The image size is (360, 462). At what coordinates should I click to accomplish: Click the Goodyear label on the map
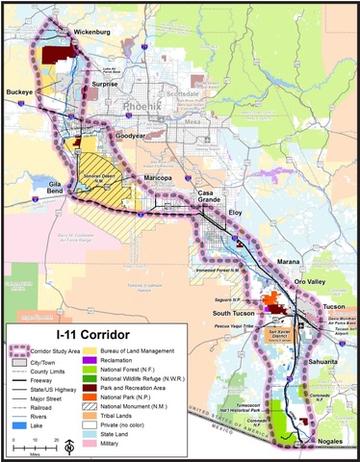point(135,137)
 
